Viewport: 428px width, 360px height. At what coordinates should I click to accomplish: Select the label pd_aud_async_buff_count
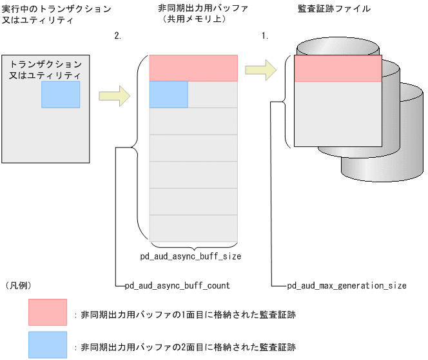click(x=177, y=285)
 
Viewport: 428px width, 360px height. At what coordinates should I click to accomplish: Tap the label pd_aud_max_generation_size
click(x=346, y=285)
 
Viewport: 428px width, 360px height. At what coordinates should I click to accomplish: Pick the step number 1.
click(x=264, y=36)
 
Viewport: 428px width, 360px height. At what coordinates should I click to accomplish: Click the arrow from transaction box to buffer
click(x=114, y=97)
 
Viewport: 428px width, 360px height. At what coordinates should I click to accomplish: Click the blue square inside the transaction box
click(x=61, y=94)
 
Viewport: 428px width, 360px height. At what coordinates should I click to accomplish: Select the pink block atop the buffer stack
click(x=193, y=68)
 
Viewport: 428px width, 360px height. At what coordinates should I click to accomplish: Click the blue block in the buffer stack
click(x=168, y=94)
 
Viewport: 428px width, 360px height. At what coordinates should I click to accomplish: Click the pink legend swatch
click(x=47, y=312)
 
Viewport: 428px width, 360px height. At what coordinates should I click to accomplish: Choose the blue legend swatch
click(x=47, y=345)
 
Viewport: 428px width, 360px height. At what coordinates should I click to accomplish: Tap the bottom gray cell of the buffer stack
click(x=193, y=228)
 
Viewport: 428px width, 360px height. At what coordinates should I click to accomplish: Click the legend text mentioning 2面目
click(x=187, y=346)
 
